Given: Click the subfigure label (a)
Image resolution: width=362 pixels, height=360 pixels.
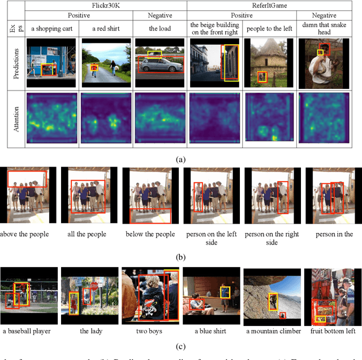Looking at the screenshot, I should [180, 159].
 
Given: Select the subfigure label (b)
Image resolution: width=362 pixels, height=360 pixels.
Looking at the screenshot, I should [180, 256].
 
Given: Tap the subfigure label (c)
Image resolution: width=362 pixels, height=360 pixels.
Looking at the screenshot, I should [180, 346].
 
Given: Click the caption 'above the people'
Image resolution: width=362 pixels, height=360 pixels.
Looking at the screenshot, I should [25, 234].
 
